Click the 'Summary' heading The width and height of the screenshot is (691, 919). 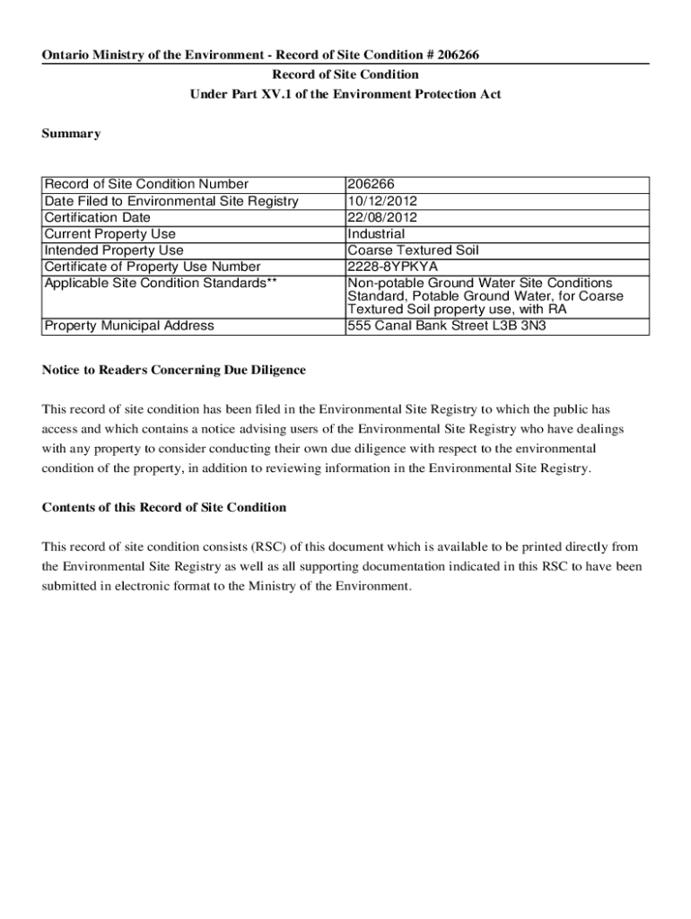(72, 134)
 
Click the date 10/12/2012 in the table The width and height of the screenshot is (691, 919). (382, 201)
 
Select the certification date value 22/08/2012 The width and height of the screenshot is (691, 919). (382, 217)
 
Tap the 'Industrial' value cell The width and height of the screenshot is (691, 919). (376, 234)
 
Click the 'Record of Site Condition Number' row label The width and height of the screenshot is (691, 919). (146, 185)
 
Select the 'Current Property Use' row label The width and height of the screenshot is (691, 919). (109, 234)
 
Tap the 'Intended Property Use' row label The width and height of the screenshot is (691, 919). (114, 250)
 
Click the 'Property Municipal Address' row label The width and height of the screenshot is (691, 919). (129, 325)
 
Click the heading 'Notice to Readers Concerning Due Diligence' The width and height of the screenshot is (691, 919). (174, 370)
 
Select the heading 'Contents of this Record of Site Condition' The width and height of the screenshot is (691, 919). (164, 507)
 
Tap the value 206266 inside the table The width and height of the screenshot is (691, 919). (372, 185)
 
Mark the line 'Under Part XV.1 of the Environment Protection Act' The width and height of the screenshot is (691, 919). (345, 94)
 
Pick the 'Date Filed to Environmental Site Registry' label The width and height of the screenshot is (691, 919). (171, 201)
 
